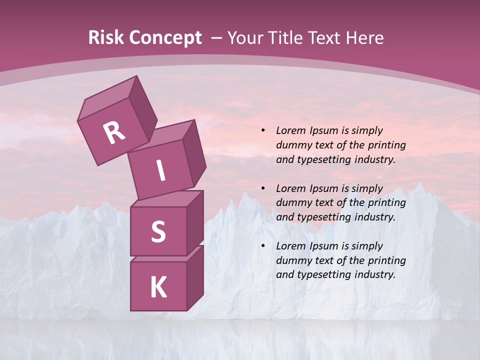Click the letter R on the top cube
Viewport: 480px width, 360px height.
click(x=114, y=132)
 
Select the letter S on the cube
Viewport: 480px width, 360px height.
click(x=158, y=231)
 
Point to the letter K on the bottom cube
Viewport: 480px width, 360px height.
click(x=158, y=287)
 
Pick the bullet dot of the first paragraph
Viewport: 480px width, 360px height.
click(x=263, y=131)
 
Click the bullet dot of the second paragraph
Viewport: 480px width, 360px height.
click(x=263, y=188)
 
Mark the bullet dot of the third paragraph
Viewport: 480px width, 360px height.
click(x=263, y=246)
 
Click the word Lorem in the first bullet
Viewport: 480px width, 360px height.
click(x=290, y=130)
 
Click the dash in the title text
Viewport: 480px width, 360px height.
click(x=216, y=37)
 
